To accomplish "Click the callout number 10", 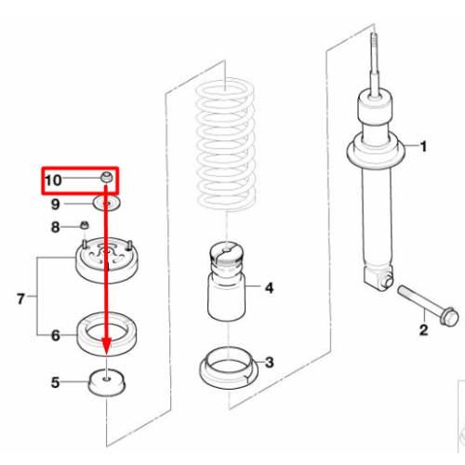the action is coord(53,180).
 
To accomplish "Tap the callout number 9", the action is coord(55,205).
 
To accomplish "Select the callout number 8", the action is coord(55,227).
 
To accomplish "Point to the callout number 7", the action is coord(20,299).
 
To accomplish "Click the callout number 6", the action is coord(56,336).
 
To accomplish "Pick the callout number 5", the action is coord(55,382).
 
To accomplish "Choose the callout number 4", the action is coord(269,288).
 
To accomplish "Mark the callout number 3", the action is coord(270,363).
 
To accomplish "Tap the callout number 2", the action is coord(423,330).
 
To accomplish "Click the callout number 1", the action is coord(423,146).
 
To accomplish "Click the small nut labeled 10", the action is coord(107,178).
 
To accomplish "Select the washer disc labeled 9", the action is coord(107,204).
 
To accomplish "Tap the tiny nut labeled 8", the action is coord(84,225).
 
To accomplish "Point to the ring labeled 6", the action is coord(107,335).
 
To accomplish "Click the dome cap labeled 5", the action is coord(107,382).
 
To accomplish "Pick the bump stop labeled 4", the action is coord(227,281).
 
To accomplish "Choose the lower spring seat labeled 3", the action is coord(229,368).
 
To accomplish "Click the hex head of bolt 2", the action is coord(449,316).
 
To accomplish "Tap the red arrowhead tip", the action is coord(107,355).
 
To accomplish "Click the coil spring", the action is coord(226,144).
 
